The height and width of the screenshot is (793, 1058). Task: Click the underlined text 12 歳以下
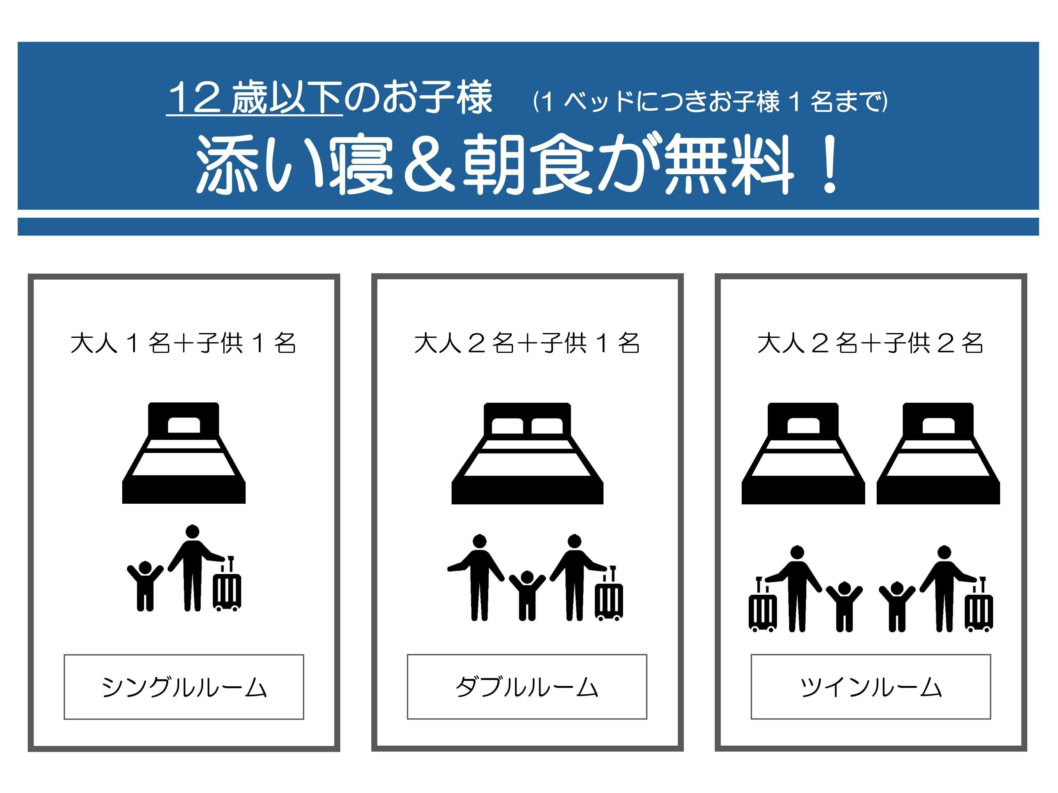[255, 97]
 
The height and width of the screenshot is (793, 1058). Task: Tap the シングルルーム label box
[184, 687]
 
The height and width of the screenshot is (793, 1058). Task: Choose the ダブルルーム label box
[527, 687]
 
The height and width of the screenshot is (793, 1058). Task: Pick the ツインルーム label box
[871, 687]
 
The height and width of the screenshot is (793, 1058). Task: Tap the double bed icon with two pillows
[527, 453]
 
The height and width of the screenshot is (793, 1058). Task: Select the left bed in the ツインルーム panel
[803, 453]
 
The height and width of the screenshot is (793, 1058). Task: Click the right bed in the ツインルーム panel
[938, 453]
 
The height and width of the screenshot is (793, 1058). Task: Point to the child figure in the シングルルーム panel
[145, 586]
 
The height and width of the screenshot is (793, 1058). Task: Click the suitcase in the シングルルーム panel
[227, 584]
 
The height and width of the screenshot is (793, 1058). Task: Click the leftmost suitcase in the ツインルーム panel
[762, 604]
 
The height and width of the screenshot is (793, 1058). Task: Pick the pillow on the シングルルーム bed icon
[184, 425]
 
